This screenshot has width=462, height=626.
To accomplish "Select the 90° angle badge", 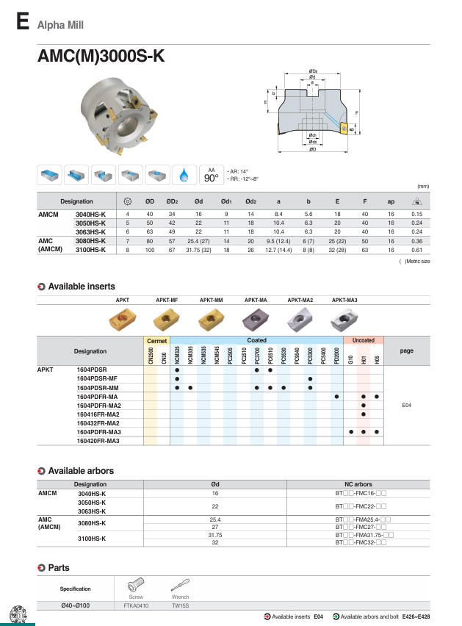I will [x=212, y=176].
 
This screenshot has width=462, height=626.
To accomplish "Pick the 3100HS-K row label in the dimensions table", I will [x=91, y=251].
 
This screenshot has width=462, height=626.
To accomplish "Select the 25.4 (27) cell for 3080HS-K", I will [x=198, y=241].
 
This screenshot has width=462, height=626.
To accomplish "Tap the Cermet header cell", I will [x=158, y=340].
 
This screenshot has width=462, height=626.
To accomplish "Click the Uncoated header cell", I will [x=364, y=340].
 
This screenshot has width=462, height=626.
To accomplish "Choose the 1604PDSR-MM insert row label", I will [x=98, y=387].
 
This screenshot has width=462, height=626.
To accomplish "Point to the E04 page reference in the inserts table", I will [x=406, y=405].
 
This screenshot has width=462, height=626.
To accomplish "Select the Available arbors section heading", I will [x=81, y=470].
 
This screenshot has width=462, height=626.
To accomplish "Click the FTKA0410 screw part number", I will [x=136, y=605].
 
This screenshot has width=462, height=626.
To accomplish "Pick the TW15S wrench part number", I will [x=180, y=605].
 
